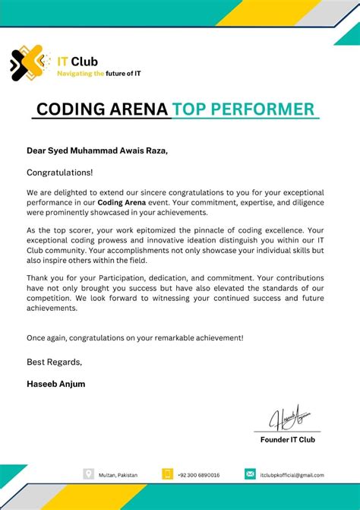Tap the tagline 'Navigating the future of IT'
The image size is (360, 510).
99,74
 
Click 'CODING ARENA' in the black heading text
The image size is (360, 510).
102,109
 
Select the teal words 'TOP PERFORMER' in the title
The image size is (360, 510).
243,109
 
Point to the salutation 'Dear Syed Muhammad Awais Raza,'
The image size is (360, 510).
97,151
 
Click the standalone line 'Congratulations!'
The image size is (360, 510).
60,173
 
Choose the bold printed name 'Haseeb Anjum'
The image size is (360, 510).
56,384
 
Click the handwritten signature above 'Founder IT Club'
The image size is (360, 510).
293,419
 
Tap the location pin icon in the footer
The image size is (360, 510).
89,474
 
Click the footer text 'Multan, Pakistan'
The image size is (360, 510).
118,475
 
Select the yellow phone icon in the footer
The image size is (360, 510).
168,474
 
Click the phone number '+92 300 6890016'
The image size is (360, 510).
199,475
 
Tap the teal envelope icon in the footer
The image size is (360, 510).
250,474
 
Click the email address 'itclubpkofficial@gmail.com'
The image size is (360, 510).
292,475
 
